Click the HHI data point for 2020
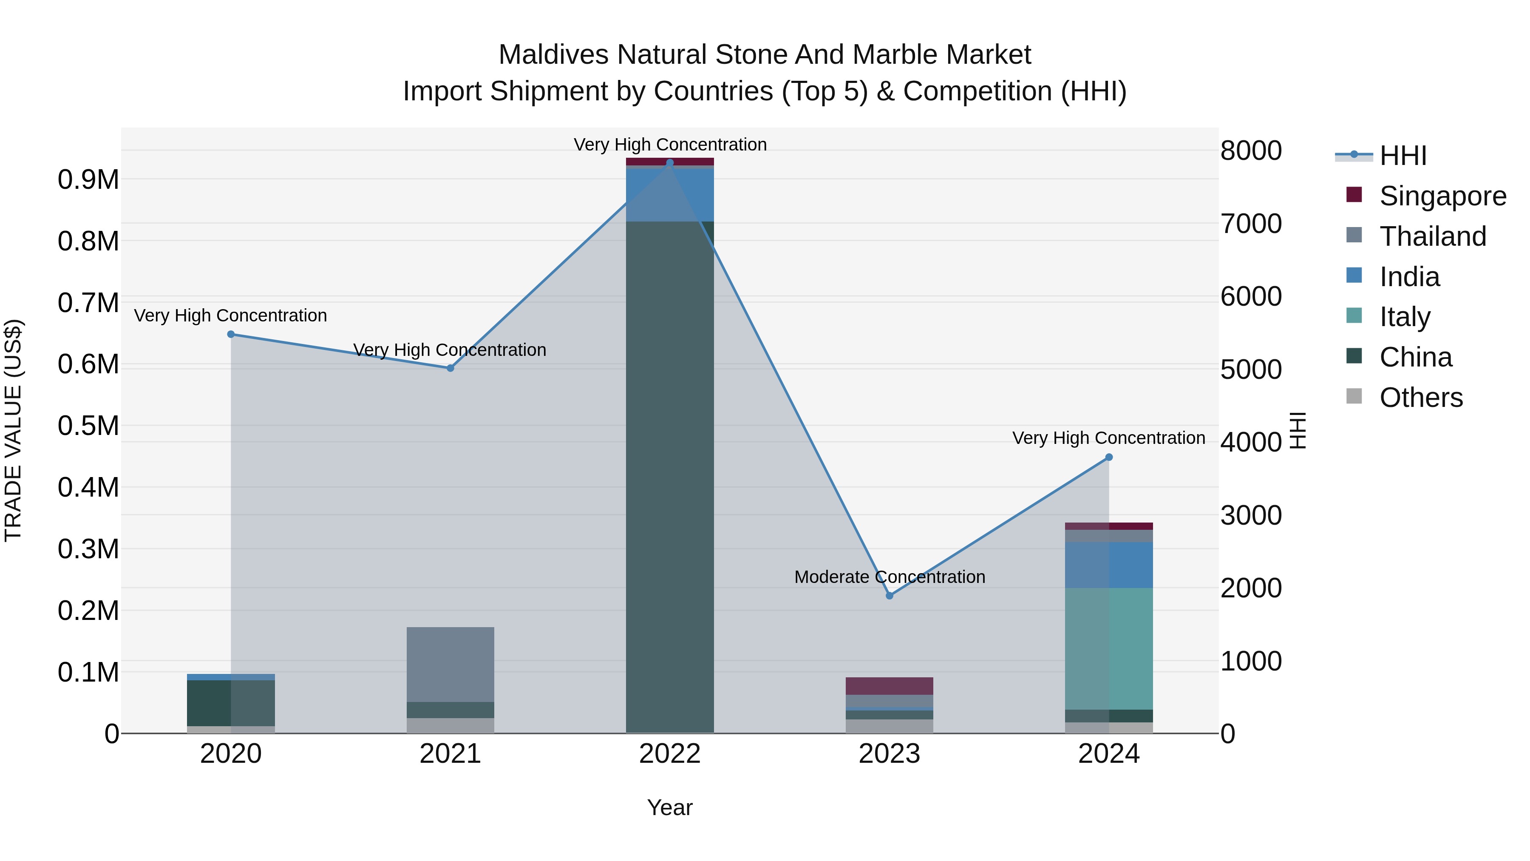click(231, 335)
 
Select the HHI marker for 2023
click(889, 595)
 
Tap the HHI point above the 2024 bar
click(1108, 457)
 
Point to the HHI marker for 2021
click(450, 368)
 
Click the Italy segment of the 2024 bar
click(1108, 648)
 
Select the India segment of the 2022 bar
click(669, 195)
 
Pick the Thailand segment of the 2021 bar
click(450, 664)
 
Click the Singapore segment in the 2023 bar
click(889, 686)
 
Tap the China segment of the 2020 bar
click(231, 703)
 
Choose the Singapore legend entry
click(1442, 196)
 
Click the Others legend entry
click(1421, 398)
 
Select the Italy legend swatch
click(1354, 315)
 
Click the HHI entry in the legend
click(1402, 156)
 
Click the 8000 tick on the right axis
click(1251, 151)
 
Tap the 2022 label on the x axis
click(669, 754)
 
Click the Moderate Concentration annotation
click(889, 577)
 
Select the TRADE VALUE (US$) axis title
click(14, 430)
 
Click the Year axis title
click(669, 807)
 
